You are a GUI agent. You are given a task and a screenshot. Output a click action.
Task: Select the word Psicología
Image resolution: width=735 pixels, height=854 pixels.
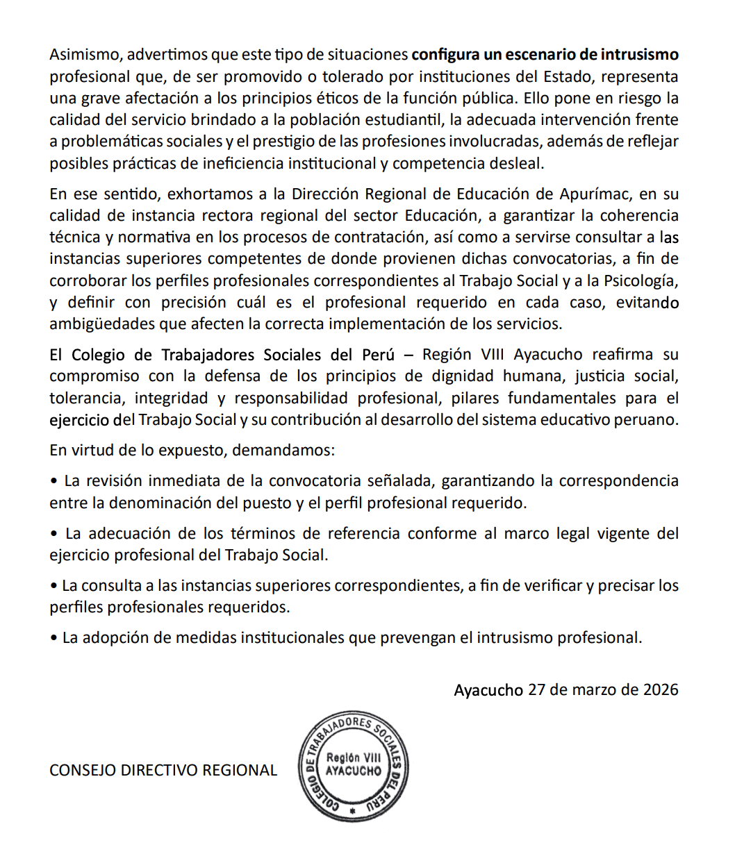pos(638,281)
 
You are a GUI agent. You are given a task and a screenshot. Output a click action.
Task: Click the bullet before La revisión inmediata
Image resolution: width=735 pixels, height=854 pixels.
pos(53,481)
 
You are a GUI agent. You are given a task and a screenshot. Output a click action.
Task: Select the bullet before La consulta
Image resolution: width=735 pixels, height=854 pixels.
pos(53,586)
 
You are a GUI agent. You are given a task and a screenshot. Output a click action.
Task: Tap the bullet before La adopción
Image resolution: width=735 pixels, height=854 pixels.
pos(53,638)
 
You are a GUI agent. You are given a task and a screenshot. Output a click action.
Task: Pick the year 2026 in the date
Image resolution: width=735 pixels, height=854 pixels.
pos(661,690)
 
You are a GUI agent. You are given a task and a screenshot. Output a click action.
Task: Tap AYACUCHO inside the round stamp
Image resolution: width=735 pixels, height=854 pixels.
pos(353,771)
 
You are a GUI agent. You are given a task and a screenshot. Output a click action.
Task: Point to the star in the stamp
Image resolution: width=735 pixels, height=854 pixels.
pos(353,811)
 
